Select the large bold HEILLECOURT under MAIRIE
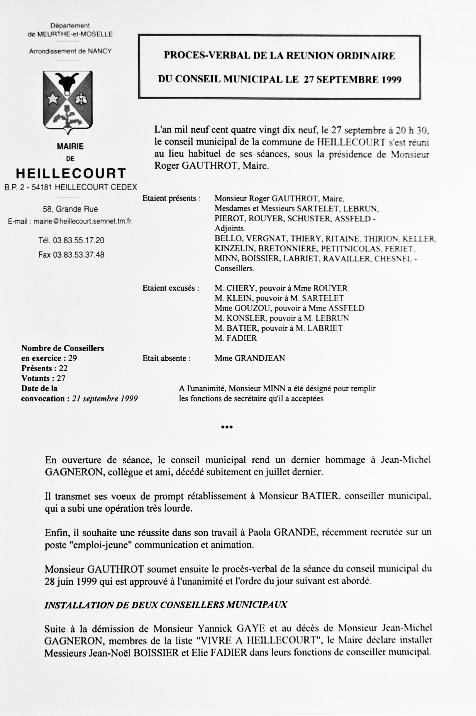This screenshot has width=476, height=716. [71, 174]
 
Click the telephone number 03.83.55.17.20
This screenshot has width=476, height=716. [79, 240]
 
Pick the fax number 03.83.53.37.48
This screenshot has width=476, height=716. [79, 255]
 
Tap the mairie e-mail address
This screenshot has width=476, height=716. [83, 221]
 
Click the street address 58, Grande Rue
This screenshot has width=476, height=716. [70, 209]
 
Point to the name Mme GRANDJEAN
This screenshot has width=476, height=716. [250, 358]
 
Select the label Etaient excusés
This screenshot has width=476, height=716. [171, 288]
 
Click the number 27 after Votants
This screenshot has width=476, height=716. [61, 378]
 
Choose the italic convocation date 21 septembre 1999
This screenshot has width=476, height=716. [105, 398]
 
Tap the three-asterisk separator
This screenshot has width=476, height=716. [227, 427]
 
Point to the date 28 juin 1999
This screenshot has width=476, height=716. [70, 581]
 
